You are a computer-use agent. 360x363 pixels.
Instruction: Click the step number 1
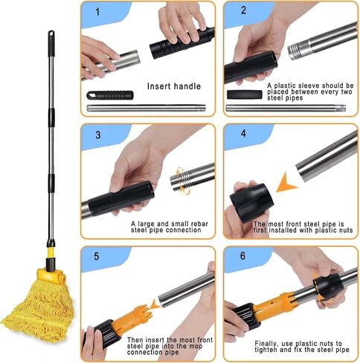97,12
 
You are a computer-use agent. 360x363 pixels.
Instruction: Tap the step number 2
243,10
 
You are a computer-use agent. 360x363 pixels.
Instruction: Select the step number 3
98,135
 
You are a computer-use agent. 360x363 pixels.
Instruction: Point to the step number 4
243,133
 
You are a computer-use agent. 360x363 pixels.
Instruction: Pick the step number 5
97,257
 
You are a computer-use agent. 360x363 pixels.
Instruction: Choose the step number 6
242,256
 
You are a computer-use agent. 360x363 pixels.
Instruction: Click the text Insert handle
174,86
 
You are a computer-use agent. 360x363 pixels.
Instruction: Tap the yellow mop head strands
39,312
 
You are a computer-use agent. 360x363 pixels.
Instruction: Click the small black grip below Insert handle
110,95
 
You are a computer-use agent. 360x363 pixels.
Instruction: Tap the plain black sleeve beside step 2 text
245,94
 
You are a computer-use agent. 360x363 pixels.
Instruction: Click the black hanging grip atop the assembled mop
51,44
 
